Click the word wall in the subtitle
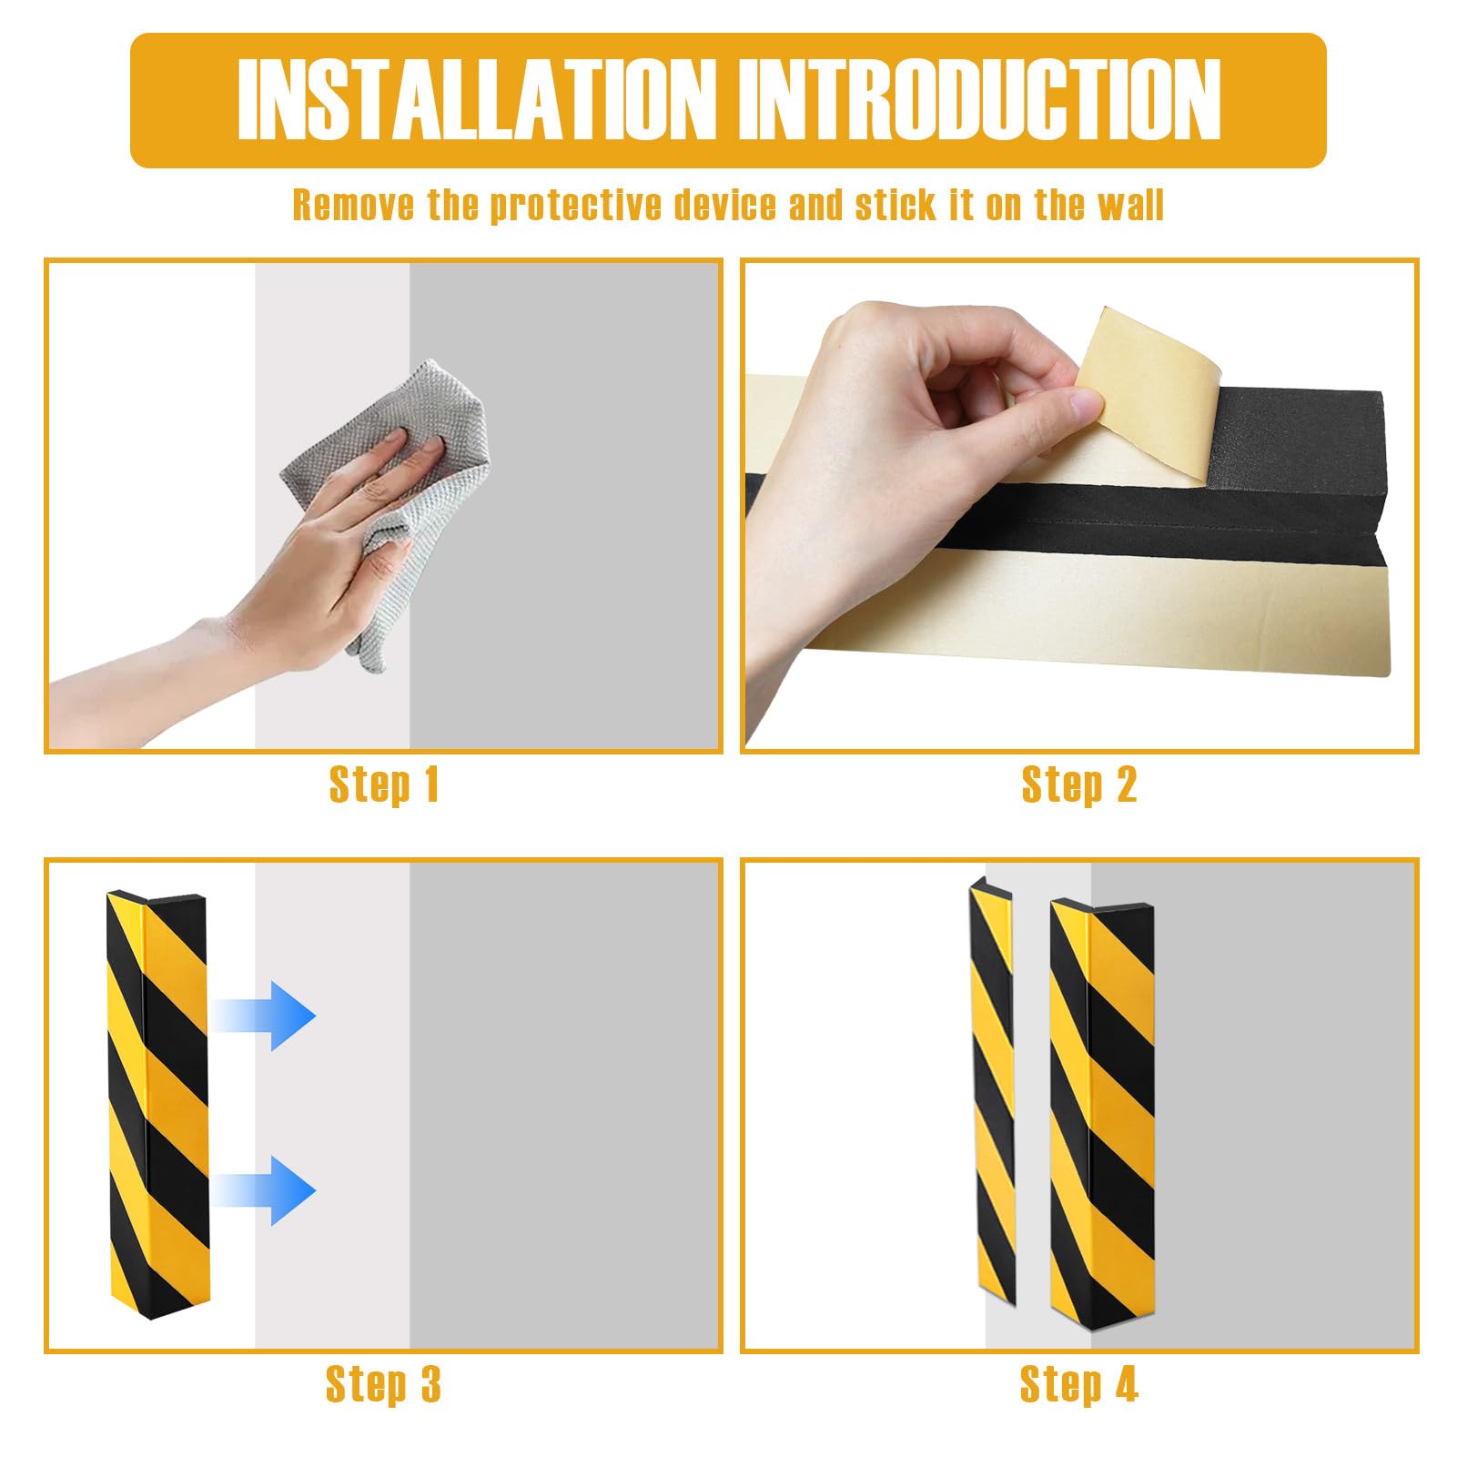[x=1130, y=205]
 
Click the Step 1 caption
[x=384, y=784]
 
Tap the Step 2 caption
[x=1079, y=784]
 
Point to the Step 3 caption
[x=383, y=1385]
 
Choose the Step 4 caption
[x=1079, y=1385]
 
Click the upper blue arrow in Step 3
[x=264, y=1017]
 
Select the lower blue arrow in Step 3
[x=264, y=1190]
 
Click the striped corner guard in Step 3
[x=157, y=1101]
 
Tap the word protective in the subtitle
[x=576, y=207]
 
